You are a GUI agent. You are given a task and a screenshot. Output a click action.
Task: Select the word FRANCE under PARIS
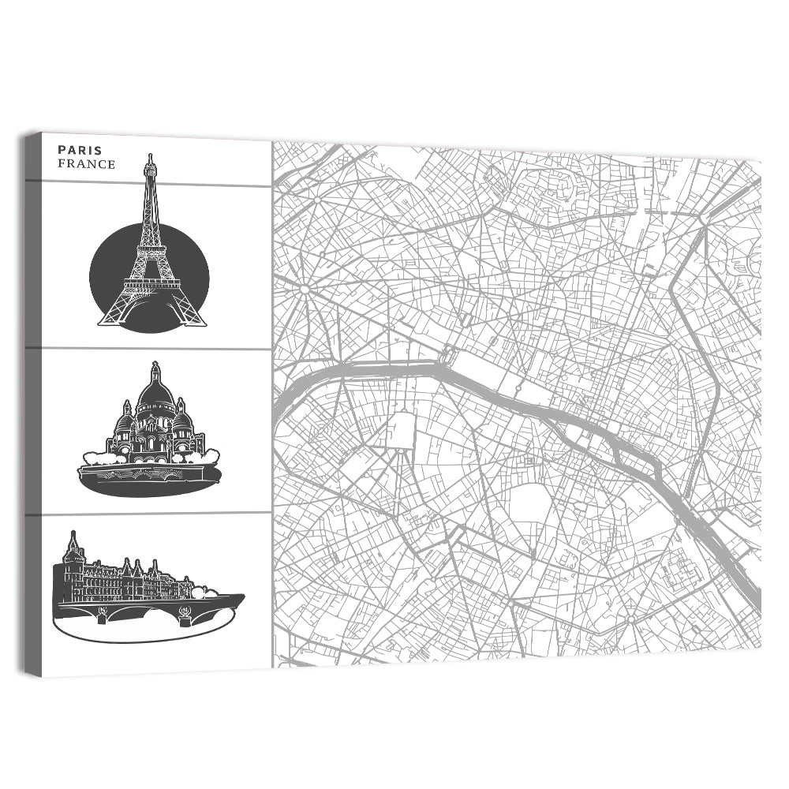pyautogui.click(x=86, y=164)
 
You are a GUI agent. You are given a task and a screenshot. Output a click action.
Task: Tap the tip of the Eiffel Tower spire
pyautogui.click(x=149, y=156)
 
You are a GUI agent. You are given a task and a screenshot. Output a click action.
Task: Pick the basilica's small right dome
pyautogui.click(x=181, y=419)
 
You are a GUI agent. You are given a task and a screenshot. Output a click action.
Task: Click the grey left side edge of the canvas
pyautogui.click(x=32, y=402)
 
